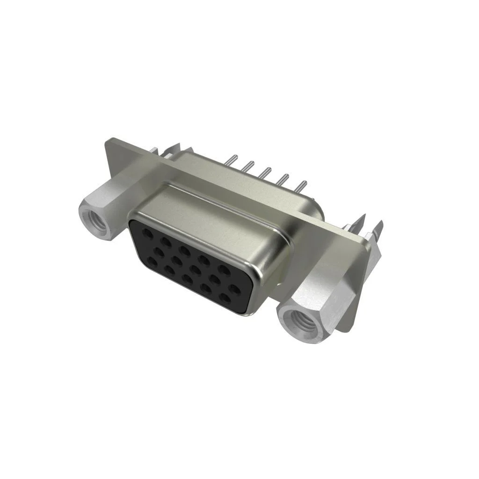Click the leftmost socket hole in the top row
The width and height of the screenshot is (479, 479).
(x=147, y=232)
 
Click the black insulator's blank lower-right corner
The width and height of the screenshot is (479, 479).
(x=246, y=306)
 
